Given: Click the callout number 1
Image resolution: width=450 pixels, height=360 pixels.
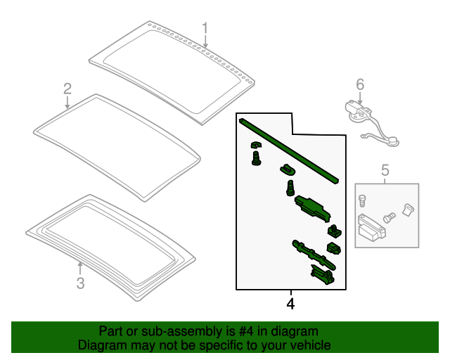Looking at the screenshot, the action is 205,29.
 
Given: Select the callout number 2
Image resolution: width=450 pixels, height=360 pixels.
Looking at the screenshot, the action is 67,89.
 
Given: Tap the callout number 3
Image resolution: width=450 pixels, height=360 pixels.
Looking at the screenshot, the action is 81,283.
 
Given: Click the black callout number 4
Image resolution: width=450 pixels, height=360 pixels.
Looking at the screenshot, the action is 290,304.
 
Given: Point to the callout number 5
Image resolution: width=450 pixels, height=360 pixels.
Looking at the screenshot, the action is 385,170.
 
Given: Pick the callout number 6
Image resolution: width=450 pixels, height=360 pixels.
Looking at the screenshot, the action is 360,84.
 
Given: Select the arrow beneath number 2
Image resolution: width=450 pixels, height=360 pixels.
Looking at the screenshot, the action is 67,103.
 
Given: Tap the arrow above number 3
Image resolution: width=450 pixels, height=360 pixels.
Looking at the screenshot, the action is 80,268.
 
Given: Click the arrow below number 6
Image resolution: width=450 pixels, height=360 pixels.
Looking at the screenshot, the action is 360,98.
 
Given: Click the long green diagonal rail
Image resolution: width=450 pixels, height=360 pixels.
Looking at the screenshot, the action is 289,151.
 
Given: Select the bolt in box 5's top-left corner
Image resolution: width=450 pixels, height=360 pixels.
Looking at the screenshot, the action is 363,200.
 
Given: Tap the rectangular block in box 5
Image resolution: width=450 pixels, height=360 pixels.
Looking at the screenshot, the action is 371,228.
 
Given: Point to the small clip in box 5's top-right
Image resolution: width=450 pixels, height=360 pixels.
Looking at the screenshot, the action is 408,210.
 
